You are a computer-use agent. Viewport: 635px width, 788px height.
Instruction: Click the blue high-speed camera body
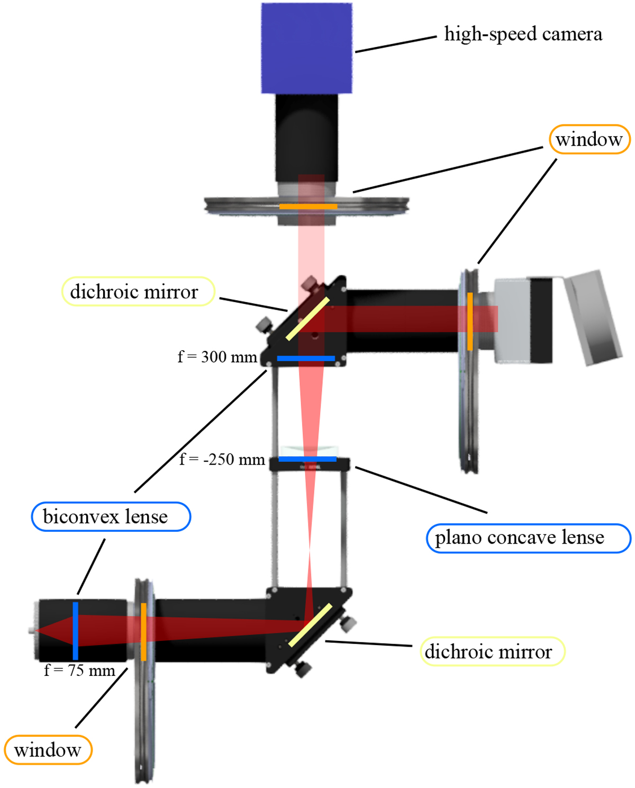tap(306, 48)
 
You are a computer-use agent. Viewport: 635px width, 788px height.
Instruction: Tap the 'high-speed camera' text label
tap(523, 34)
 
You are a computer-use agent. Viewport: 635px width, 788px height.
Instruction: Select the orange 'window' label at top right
tap(589, 140)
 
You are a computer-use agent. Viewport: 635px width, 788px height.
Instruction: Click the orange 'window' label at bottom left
tap(48, 750)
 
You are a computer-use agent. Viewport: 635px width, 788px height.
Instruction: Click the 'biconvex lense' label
tap(106, 517)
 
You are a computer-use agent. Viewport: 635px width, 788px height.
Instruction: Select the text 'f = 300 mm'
tap(217, 357)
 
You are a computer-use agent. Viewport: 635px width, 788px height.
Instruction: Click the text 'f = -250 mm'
tap(222, 459)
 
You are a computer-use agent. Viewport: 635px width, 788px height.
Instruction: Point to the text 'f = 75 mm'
tap(79, 671)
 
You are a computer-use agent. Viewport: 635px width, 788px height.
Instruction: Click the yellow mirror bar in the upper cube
tap(307, 319)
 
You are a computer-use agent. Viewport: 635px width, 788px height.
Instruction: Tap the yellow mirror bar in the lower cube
tap(311, 625)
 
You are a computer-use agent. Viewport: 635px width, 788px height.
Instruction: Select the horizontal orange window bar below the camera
tap(308, 206)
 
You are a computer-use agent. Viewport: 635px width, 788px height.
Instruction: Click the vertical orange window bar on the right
tap(470, 321)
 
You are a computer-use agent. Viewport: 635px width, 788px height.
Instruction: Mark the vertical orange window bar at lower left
tap(144, 631)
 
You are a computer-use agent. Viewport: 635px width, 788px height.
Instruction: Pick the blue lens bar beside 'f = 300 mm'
tap(306, 359)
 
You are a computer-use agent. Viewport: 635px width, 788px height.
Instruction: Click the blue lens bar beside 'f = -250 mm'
tap(307, 459)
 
